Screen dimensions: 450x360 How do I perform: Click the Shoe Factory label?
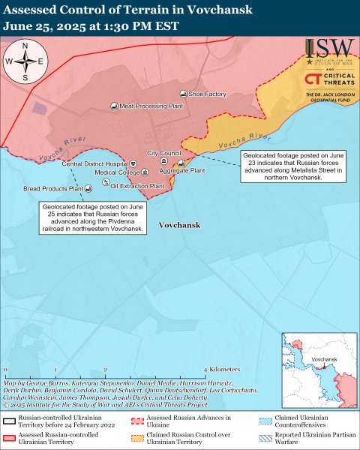[207, 94]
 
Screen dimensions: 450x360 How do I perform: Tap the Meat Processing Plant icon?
[113, 106]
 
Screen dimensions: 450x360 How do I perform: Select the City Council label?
[163, 153]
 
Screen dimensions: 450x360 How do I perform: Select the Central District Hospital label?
[94, 163]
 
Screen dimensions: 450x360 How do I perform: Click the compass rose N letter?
[25, 46]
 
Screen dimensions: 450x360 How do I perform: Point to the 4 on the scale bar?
[206, 370]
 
